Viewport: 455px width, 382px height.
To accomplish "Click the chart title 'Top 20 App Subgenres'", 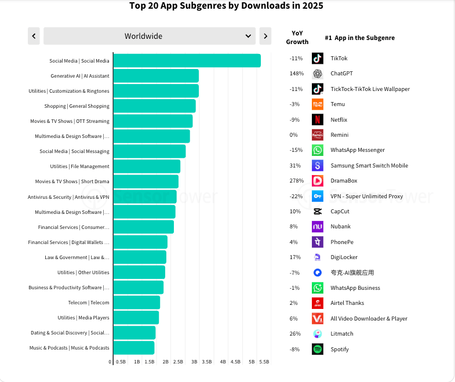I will click(x=226, y=6).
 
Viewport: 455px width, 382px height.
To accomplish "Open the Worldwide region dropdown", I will click(x=149, y=36).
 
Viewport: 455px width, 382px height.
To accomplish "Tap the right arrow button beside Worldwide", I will click(x=265, y=36).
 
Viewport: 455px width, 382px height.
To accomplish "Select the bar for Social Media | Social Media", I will click(x=187, y=60).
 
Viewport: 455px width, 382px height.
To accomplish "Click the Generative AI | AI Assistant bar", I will click(x=156, y=75).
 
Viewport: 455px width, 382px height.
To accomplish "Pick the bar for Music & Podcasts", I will click(x=134, y=348).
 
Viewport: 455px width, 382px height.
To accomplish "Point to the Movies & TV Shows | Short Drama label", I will click(x=72, y=181).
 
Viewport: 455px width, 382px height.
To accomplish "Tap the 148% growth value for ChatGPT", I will click(x=297, y=74).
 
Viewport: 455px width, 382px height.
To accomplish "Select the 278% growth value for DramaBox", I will click(x=297, y=181).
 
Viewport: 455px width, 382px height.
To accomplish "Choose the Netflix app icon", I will click(x=317, y=119).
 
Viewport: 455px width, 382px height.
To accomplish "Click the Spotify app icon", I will click(x=317, y=349).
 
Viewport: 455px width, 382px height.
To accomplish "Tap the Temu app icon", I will click(x=317, y=104).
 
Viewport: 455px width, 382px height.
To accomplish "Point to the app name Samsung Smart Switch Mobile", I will click(x=369, y=166).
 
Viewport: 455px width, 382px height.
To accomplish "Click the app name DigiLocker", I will click(x=344, y=257).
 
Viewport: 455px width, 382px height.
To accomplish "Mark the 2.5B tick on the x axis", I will click(x=179, y=362).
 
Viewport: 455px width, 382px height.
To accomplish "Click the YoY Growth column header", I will click(x=297, y=38).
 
